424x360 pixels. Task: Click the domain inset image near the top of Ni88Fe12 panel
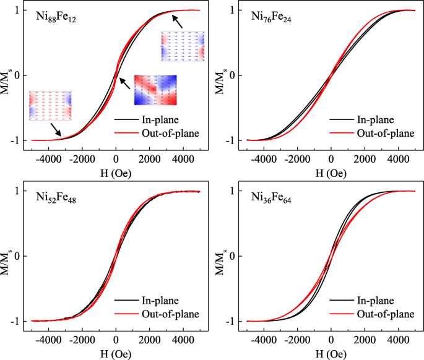(182, 46)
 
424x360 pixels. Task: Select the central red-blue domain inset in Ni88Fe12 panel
(155, 90)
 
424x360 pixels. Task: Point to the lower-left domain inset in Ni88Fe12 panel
(50, 106)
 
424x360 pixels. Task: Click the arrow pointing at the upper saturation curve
(178, 22)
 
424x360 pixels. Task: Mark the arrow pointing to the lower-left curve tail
(56, 129)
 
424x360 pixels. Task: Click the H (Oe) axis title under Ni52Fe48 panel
(116, 351)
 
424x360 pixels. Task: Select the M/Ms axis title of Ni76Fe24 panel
(220, 75)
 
